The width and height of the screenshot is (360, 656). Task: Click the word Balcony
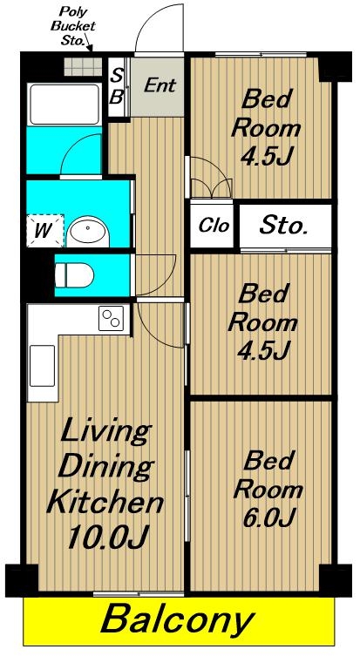click(x=178, y=619)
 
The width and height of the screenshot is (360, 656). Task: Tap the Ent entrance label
click(x=160, y=85)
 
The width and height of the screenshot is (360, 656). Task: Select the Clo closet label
click(x=214, y=226)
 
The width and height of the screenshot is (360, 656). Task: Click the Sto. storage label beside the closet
click(x=283, y=226)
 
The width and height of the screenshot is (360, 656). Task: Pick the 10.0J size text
click(x=107, y=536)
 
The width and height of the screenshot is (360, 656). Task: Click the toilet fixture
click(x=74, y=275)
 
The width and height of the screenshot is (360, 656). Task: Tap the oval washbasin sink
click(x=88, y=232)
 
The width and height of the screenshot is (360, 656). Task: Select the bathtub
click(x=64, y=105)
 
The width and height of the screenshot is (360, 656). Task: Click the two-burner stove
click(x=112, y=318)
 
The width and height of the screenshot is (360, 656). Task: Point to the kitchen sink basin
click(x=43, y=366)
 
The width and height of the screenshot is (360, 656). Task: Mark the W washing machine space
click(x=45, y=231)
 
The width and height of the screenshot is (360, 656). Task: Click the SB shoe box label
click(x=118, y=86)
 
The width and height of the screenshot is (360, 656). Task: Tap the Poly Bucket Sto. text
click(x=73, y=26)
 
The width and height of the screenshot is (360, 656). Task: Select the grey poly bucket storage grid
click(x=83, y=66)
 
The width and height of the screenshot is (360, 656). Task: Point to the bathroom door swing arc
click(x=72, y=146)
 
